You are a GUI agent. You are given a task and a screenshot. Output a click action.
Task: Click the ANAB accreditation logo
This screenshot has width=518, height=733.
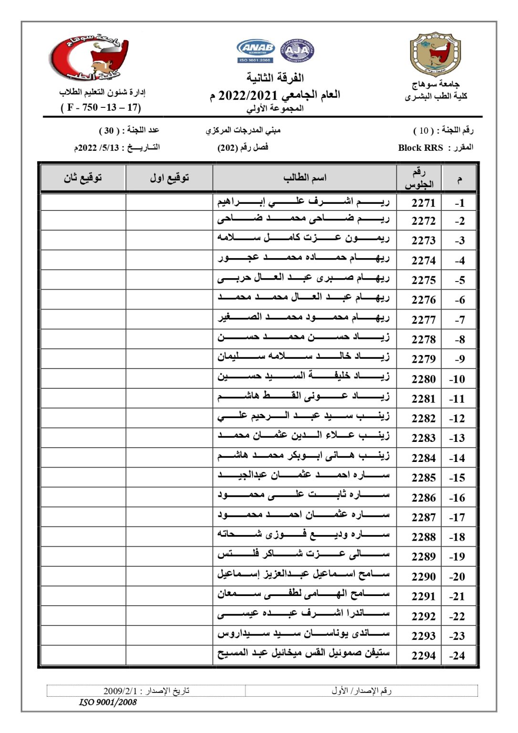pyautogui.click(x=255, y=51)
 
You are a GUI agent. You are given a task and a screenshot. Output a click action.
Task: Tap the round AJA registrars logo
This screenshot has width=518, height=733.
pyautogui.click(x=297, y=51)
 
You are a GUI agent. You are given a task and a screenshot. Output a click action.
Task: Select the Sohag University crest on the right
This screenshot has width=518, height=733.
pyautogui.click(x=435, y=54)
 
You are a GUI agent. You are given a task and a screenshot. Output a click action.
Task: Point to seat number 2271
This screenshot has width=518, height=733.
pyautogui.click(x=424, y=203)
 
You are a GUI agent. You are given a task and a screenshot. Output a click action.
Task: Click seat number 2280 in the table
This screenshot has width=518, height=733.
pyautogui.click(x=424, y=379)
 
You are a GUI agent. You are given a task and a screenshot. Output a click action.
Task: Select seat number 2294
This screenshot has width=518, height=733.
pyautogui.click(x=424, y=655)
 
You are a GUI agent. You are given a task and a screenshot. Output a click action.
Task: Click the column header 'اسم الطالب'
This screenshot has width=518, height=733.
pyautogui.click(x=305, y=178)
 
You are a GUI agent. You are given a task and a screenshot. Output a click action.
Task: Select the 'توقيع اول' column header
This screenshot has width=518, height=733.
pyautogui.click(x=169, y=178)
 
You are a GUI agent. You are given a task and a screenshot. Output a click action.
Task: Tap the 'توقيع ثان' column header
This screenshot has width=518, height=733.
pyautogui.click(x=83, y=178)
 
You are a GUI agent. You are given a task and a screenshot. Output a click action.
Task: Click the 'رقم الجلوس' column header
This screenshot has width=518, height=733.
pyautogui.click(x=419, y=178)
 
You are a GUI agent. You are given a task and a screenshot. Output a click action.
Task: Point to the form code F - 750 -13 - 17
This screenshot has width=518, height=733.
pyautogui.click(x=101, y=107)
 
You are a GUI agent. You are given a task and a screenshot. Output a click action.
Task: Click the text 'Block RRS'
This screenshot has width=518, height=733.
pyautogui.click(x=420, y=147)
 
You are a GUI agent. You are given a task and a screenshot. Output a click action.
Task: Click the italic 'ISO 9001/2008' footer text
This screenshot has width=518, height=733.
pyautogui.click(x=108, y=702)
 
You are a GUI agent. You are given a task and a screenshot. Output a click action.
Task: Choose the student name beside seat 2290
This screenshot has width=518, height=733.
pyautogui.click(x=303, y=574)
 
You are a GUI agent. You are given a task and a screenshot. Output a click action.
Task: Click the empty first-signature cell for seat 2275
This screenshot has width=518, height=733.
pyautogui.click(x=169, y=280)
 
